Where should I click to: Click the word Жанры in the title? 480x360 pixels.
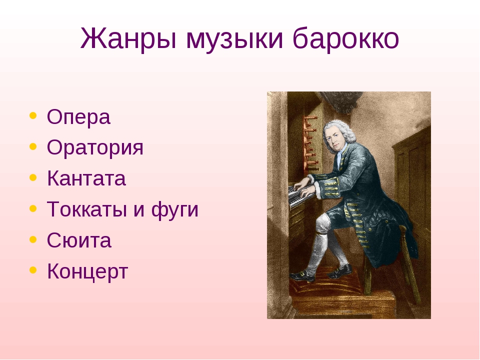point(128,39)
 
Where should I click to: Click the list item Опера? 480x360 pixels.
point(78,117)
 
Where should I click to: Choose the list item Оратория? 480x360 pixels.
point(95,148)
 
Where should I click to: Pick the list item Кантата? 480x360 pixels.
point(86,178)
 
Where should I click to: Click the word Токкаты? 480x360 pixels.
point(87,209)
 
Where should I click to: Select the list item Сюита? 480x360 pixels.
point(79,240)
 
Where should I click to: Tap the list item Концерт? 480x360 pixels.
point(87,271)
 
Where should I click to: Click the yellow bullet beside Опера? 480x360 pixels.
point(33,115)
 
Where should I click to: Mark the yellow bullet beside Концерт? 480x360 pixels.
point(33,270)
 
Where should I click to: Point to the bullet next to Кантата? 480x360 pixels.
point(33,177)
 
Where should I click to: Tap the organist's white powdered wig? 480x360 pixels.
point(340,132)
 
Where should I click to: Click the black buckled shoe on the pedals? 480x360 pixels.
point(302,276)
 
